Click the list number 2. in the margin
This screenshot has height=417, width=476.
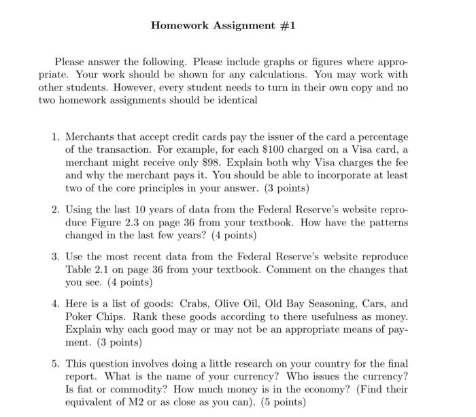pyautogui.click(x=56, y=210)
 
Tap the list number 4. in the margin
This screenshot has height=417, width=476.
pyautogui.click(x=56, y=304)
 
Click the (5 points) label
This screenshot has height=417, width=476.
pyautogui.click(x=279, y=402)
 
